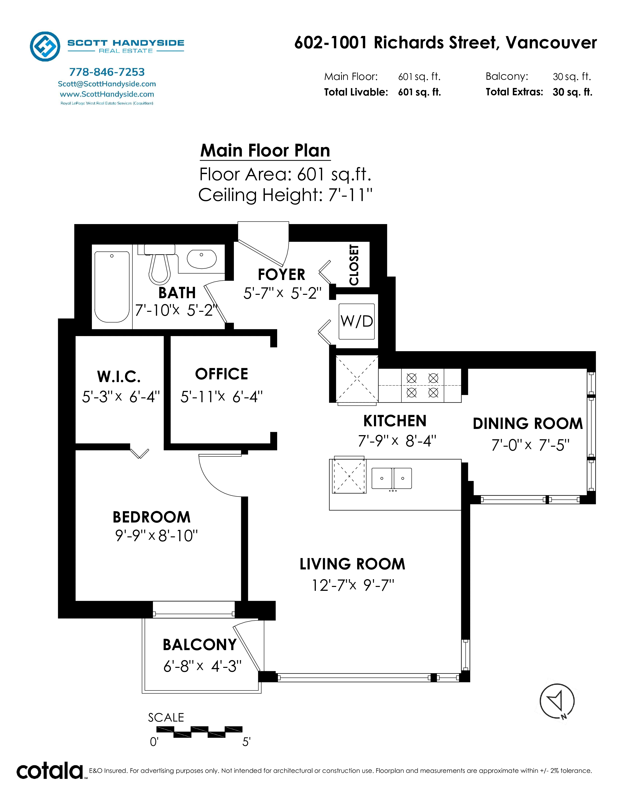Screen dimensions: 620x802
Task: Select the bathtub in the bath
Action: [112, 287]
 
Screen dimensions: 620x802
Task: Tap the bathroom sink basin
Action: [202, 259]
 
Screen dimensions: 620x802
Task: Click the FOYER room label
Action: [281, 274]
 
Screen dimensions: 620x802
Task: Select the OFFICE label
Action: [221, 374]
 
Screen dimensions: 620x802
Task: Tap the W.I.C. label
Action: [119, 376]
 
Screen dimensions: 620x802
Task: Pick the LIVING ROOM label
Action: [352, 564]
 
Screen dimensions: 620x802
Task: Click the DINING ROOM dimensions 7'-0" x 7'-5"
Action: [530, 445]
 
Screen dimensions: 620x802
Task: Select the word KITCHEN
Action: [395, 421]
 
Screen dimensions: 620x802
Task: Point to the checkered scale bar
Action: [199, 732]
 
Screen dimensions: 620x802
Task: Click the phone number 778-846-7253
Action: [107, 72]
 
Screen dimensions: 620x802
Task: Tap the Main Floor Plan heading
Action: [265, 151]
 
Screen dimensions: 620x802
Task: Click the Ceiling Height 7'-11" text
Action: [285, 195]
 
